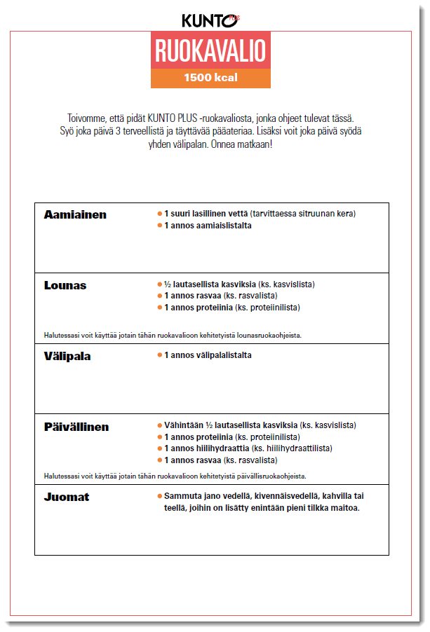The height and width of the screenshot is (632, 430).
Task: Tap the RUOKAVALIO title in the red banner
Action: [210, 51]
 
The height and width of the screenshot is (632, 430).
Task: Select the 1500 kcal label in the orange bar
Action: [210, 78]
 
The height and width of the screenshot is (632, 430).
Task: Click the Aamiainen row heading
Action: [75, 214]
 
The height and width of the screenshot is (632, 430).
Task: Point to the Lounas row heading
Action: [65, 285]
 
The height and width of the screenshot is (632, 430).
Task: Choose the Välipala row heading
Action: [67, 356]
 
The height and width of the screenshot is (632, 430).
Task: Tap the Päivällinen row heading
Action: [76, 427]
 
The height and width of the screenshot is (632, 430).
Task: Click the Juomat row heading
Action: [67, 497]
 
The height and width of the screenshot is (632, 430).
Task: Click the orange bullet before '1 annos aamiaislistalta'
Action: [159, 226]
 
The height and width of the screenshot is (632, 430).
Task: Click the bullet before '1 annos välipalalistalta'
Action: [159, 355]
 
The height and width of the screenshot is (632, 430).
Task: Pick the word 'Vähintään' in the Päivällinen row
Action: [184, 425]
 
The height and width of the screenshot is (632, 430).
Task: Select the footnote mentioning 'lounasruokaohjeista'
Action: [173, 335]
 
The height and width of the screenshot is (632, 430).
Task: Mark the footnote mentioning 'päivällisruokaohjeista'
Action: [175, 476]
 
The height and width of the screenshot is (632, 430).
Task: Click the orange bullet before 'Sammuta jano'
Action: [159, 496]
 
